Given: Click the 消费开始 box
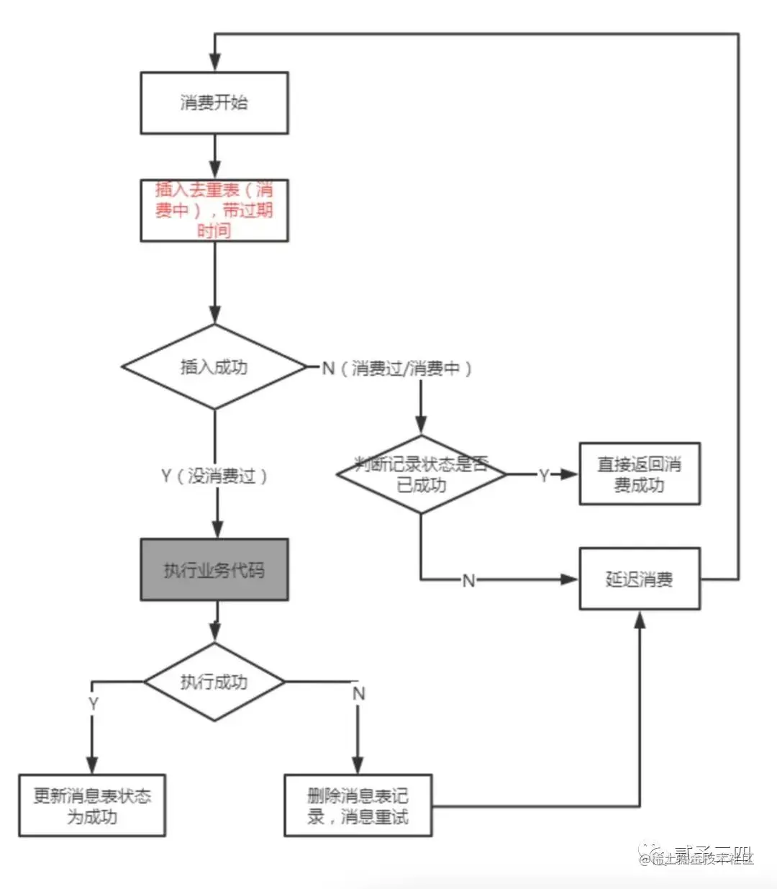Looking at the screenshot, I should coord(214,103).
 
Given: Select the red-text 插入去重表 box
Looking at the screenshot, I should coord(214,210).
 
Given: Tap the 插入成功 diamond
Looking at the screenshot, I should coord(214,367).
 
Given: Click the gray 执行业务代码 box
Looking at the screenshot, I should coord(214,570).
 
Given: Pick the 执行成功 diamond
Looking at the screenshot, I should coord(214,682).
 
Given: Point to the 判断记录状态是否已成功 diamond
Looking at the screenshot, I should coord(422,474).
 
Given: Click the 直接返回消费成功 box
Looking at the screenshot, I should coord(640,474).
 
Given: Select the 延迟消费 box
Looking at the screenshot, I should coord(640,579).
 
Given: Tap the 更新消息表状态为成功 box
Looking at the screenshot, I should coord(92,806).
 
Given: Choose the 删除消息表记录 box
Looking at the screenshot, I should coord(358,806).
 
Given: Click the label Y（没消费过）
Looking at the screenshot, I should coord(214,476).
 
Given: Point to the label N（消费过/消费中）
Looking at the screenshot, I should coord(397,369).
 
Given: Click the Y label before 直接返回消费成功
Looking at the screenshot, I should coord(544,475).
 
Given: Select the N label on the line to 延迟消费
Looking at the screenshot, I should coord(468,580).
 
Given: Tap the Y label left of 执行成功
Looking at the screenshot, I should coord(93,703).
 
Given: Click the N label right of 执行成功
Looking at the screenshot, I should coord(358,693).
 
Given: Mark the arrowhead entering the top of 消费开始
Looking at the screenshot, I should coord(214,64).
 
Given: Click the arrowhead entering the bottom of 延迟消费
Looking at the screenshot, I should coord(640,619).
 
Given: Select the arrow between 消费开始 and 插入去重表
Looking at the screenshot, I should coord(214,157).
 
